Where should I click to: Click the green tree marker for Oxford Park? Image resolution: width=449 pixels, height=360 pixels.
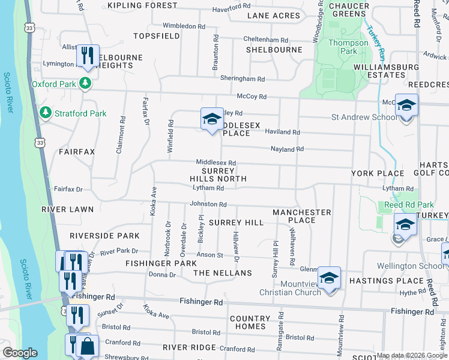click(85, 84)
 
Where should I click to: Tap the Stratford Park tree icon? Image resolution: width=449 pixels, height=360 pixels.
click(45, 113)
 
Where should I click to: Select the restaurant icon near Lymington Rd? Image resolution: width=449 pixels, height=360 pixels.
click(88, 56)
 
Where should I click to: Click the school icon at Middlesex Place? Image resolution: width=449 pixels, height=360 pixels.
click(211, 119)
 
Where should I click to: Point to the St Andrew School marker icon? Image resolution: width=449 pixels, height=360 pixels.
click(406, 106)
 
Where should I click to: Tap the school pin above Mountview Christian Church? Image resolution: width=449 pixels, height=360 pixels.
click(329, 278)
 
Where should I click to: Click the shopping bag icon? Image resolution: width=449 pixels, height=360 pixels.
click(88, 346)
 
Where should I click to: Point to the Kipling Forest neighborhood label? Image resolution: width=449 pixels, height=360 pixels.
click(142, 5)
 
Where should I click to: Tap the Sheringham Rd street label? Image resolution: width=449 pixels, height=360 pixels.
click(242, 79)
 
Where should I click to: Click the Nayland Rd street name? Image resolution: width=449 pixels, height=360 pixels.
click(287, 149)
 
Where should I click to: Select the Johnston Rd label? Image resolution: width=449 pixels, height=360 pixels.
click(207, 204)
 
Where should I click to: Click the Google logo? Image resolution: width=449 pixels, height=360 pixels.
click(20, 353)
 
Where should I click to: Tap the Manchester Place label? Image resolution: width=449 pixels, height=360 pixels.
click(301, 216)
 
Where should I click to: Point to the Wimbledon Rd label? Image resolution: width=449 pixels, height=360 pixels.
click(184, 26)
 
